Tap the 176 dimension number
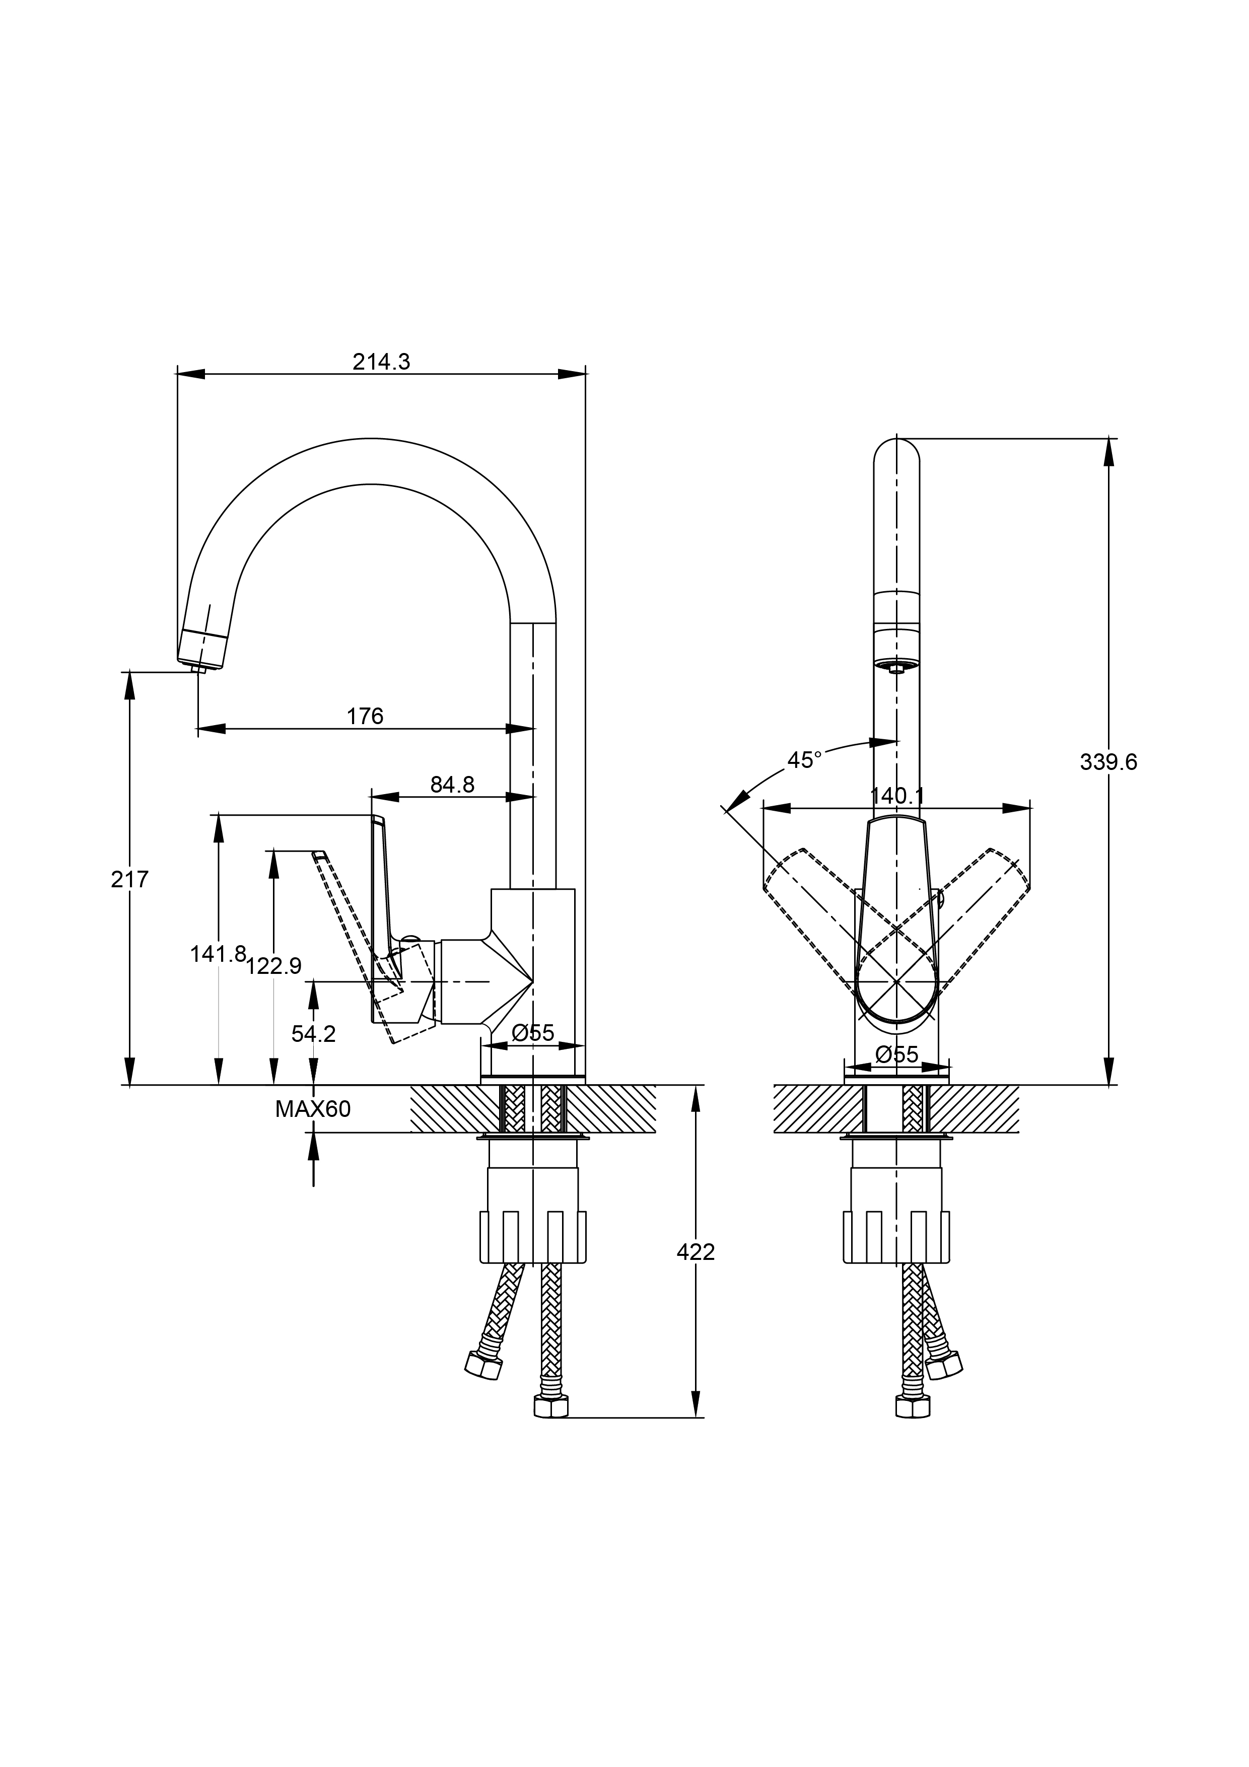coord(365,717)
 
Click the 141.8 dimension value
coord(218,954)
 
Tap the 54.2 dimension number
coord(313,1034)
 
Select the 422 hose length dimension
coord(696,1252)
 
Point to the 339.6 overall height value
coord(1108,762)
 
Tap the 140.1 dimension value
coord(896,796)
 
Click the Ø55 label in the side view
coord(532,1033)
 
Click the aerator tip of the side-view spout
coord(200,669)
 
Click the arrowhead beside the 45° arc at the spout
coord(885,742)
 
